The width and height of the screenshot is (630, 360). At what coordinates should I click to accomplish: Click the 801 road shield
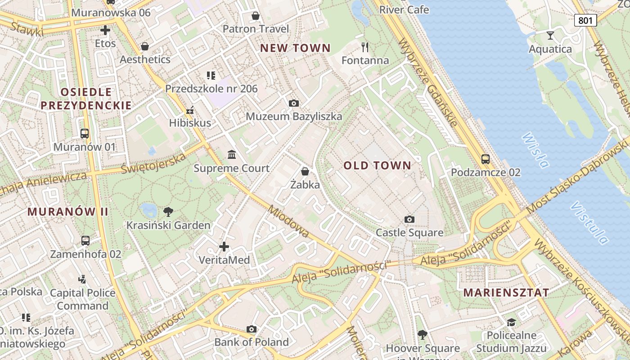click(x=585, y=20)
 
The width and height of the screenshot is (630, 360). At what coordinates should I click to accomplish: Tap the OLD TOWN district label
click(x=378, y=166)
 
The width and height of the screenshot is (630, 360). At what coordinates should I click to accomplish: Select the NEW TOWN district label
click(x=295, y=48)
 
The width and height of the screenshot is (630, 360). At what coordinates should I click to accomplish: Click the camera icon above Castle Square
click(x=409, y=219)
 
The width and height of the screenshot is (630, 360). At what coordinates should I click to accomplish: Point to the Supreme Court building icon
click(x=232, y=155)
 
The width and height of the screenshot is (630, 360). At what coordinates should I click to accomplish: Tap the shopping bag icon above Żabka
click(x=305, y=171)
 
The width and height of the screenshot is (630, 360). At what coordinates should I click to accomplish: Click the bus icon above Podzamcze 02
click(x=485, y=159)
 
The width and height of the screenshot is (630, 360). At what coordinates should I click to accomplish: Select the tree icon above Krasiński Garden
click(x=168, y=211)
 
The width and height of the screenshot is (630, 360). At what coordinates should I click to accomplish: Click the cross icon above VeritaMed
click(x=224, y=246)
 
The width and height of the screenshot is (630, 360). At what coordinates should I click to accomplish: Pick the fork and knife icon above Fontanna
click(x=365, y=47)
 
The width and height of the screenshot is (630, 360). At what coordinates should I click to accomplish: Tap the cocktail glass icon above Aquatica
click(x=550, y=36)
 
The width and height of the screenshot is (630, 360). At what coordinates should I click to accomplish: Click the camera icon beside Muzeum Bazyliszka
click(x=293, y=103)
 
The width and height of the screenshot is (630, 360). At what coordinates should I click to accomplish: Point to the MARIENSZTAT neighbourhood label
click(x=506, y=292)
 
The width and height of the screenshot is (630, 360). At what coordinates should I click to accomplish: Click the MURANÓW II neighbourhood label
click(x=68, y=211)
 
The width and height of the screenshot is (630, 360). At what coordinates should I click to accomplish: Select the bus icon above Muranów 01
click(x=85, y=133)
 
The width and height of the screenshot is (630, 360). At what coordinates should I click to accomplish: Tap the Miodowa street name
click(x=288, y=221)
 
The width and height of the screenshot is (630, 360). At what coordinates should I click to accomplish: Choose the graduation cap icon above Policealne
click(x=511, y=322)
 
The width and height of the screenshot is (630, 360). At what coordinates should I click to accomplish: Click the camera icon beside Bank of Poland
click(x=252, y=329)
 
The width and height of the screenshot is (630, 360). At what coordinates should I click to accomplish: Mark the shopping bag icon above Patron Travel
click(x=256, y=16)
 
